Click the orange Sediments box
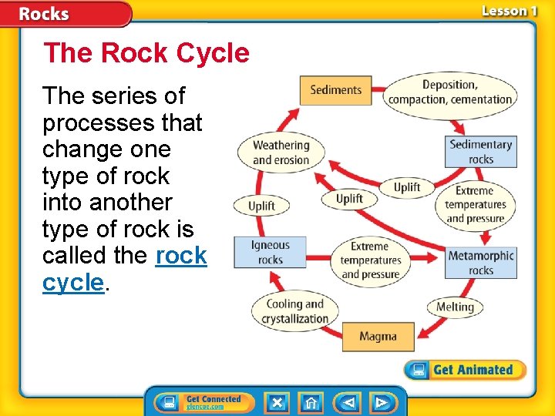tap(335, 90)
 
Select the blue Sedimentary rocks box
tap(481, 152)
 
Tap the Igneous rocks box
tap(271, 252)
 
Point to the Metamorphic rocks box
tap(481, 263)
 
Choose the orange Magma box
tap(378, 337)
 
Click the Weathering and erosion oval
tap(281, 153)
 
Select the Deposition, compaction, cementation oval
tap(450, 92)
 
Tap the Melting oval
tap(455, 307)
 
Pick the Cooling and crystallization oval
tap(294, 311)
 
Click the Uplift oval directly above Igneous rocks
tap(262, 206)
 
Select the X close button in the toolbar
tap(277, 402)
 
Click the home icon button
tap(311, 402)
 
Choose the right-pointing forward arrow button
tap(381, 402)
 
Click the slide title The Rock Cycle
tap(146, 53)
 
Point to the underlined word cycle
tap(73, 282)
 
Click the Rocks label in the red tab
tap(44, 14)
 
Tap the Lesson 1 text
tap(510, 11)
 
